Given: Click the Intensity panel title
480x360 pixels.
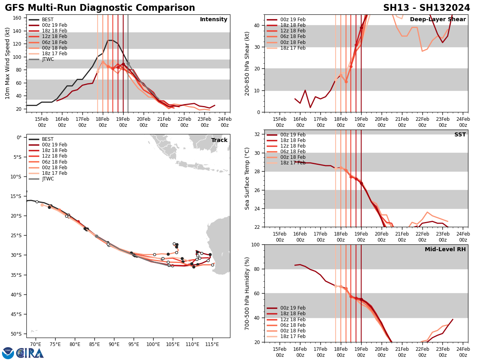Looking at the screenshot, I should [214, 20].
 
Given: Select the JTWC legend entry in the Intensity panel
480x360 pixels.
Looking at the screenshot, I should [48, 59].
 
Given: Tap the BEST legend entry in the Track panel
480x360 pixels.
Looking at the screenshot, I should [48, 139].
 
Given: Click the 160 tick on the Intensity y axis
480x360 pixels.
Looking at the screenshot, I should [18, 18].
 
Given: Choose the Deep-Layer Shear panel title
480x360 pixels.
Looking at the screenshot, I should [438, 20].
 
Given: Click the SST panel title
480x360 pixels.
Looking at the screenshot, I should [460, 135].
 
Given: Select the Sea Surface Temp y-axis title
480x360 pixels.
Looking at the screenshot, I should [247, 178].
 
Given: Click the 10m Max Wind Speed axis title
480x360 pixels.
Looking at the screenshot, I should [8, 63].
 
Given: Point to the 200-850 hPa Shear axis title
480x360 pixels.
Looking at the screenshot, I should [247, 63].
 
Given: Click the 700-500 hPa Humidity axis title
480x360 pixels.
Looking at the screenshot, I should [247, 293].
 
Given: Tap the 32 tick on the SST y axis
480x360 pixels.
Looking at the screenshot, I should [258, 134].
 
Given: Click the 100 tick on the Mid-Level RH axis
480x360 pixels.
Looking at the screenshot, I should [256, 244].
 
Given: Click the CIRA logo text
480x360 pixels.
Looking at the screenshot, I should [30, 353].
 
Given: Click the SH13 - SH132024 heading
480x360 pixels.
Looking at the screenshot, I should [426, 8].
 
